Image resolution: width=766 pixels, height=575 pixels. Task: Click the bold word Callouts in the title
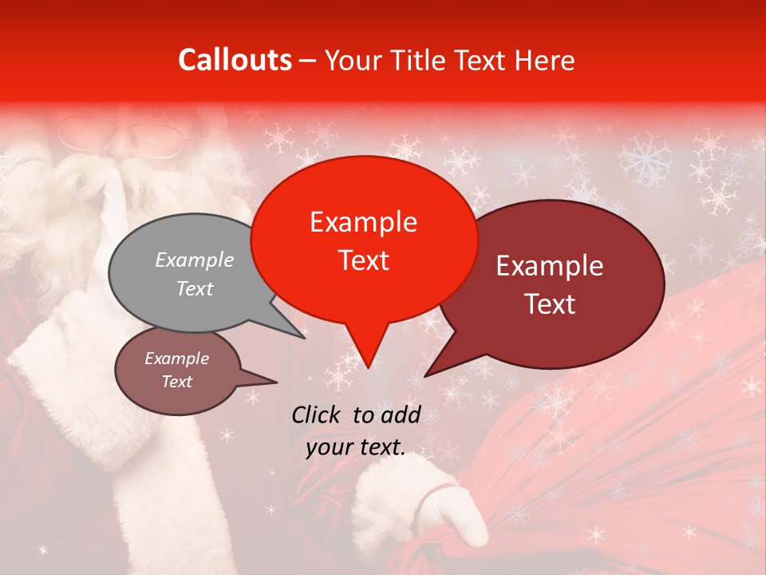(x=235, y=60)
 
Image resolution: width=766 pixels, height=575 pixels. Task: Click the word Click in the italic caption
(x=318, y=414)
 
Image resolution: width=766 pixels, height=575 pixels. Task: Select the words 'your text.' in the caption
(x=356, y=447)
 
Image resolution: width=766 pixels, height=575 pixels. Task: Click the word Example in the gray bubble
(x=194, y=260)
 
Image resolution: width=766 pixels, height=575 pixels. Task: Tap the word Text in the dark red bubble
(x=551, y=303)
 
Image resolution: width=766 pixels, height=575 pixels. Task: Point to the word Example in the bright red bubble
(x=363, y=222)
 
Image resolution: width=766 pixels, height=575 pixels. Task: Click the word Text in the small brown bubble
(x=176, y=382)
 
